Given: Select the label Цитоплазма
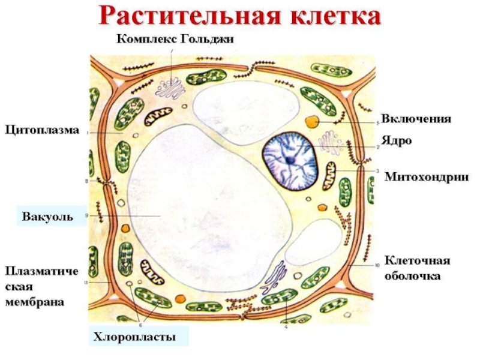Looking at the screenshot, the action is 42,129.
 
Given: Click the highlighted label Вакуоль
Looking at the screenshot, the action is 48,216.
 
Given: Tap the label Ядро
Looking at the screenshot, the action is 397,141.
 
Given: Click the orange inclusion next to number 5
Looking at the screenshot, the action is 311,122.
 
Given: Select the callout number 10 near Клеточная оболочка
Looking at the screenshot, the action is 377,265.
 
